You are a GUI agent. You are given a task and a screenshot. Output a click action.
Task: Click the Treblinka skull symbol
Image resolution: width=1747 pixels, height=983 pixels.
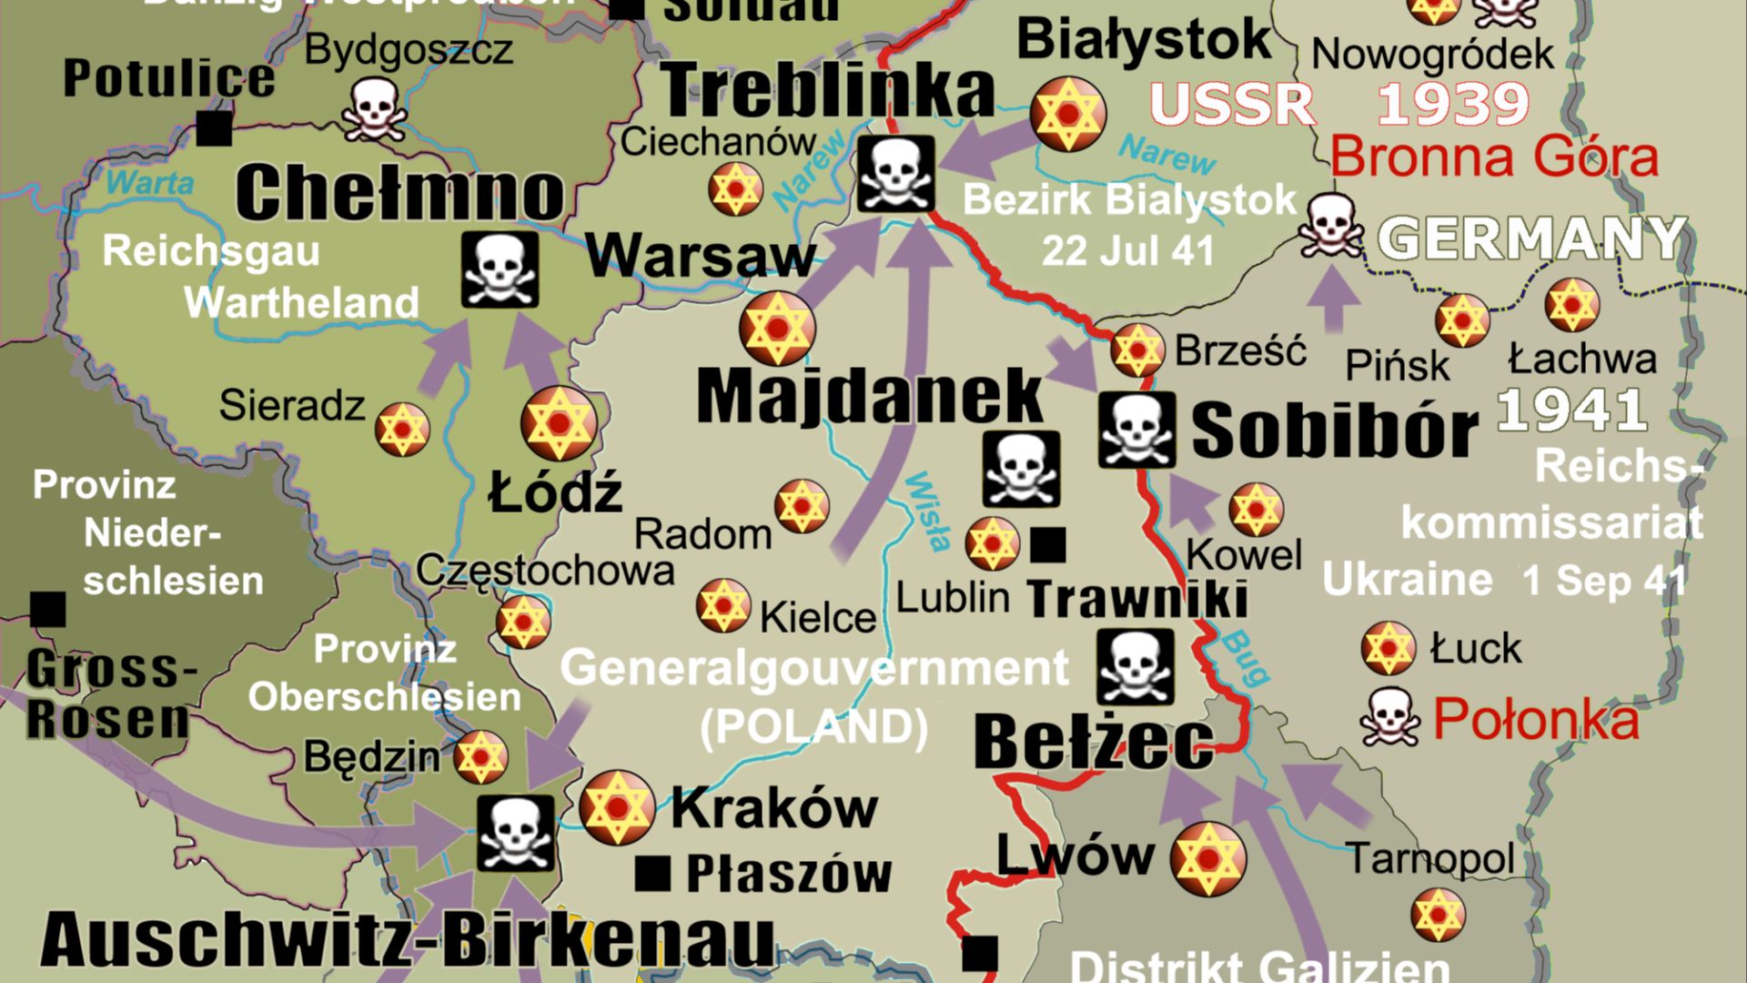click(895, 174)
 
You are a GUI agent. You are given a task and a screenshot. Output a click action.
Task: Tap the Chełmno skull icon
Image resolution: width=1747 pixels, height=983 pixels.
click(500, 269)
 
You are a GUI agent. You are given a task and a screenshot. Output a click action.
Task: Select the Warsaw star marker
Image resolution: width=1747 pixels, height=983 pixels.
click(777, 329)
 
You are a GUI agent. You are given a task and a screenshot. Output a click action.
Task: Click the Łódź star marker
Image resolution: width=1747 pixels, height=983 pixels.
click(559, 423)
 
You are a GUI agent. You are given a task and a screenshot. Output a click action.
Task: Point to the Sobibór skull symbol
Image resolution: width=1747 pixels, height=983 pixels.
click(1136, 430)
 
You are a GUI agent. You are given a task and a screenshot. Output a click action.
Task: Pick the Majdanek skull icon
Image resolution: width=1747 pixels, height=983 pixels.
click(1021, 469)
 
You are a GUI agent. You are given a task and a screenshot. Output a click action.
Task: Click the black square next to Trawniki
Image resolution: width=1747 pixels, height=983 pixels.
click(1047, 544)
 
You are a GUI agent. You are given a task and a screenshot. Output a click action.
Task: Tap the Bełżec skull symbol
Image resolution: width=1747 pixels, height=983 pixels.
click(1135, 667)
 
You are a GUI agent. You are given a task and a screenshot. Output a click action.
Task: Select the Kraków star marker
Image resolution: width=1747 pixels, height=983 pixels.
click(617, 807)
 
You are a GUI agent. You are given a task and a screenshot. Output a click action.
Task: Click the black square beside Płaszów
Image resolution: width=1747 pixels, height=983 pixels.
click(651, 874)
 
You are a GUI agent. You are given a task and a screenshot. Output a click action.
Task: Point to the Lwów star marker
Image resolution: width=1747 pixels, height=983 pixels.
click(1207, 858)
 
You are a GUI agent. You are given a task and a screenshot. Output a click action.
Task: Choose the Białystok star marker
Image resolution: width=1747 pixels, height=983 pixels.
click(1068, 115)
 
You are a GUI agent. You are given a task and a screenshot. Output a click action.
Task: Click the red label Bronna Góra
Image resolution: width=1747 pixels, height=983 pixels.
click(1494, 157)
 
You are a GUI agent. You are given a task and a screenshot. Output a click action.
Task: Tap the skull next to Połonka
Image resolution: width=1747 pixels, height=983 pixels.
click(1389, 717)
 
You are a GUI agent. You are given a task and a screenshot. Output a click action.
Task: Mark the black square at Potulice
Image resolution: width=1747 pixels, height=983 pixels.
click(214, 128)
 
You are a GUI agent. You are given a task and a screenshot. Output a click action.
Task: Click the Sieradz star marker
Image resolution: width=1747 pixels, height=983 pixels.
click(402, 429)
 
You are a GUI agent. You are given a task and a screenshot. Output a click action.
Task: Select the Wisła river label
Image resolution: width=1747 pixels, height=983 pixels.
click(929, 512)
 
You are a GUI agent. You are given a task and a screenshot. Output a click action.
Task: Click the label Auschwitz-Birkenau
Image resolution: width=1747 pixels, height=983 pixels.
click(408, 939)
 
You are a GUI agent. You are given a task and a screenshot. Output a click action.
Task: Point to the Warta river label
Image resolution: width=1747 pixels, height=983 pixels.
click(150, 182)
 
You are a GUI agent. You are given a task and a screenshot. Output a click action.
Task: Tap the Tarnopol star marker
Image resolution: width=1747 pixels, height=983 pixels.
click(1438, 915)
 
